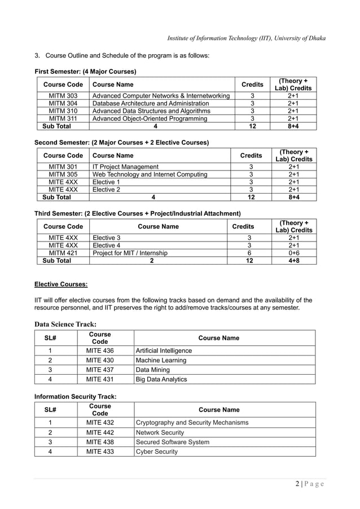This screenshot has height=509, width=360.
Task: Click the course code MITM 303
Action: coord(63,96)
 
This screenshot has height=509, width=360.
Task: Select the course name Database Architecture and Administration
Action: coord(151,104)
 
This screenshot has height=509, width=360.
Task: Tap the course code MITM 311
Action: coord(63,119)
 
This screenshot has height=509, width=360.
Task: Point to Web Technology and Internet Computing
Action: coord(150,175)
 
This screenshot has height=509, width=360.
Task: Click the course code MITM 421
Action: coord(63,253)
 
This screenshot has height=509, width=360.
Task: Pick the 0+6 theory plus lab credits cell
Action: coord(293,253)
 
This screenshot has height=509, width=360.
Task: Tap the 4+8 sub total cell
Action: coord(293,261)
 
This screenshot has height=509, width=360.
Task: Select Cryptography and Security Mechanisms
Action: coord(192,423)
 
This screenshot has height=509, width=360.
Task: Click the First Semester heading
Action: coord(85,72)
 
